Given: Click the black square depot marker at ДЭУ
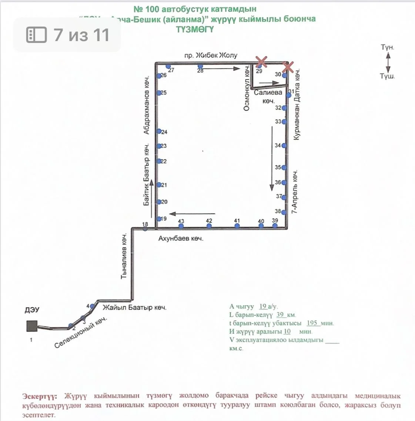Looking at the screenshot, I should click(32, 326).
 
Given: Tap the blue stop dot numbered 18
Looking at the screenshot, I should click(145, 229).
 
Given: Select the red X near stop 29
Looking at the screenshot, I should click(262, 61).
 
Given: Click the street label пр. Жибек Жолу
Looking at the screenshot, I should click(211, 56).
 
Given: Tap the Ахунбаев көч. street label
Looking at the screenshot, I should click(181, 239).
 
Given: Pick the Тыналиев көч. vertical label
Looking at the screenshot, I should click(124, 255).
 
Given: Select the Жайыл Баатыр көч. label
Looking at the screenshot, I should click(134, 307).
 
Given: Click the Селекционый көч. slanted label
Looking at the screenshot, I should click(80, 332).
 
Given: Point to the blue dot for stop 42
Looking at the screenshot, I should click(209, 226).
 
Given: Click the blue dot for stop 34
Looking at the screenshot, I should click(284, 146).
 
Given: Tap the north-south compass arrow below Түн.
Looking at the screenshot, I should click(388, 62).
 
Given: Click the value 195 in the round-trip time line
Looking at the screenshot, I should click(312, 323).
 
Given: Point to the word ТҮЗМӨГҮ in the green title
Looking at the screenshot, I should click(195, 30).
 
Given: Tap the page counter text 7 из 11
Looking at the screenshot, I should click(81, 35).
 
